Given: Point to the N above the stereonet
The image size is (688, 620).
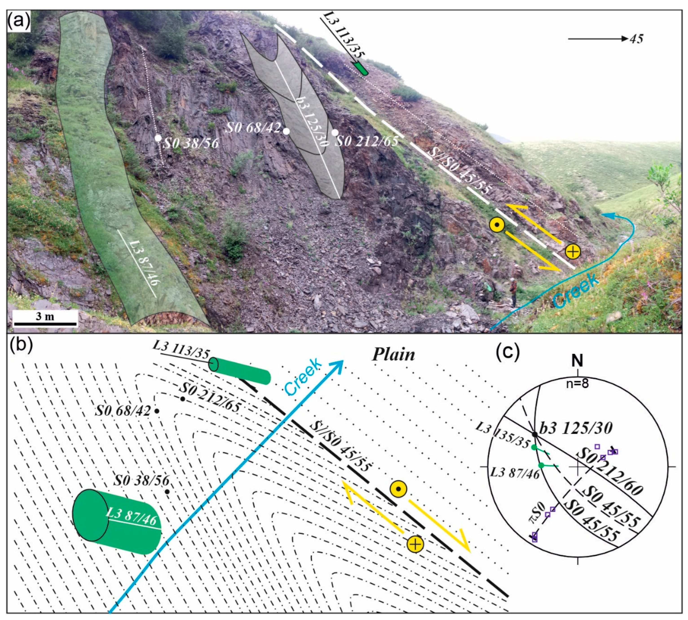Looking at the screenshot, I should pos(578,360).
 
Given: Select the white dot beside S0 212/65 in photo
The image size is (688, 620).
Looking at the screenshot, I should pos(335,132).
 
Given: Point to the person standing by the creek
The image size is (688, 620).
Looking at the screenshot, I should pos(513,292).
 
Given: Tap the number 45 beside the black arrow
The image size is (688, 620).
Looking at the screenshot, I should pos(636,39).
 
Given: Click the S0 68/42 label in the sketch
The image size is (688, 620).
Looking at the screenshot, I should pos(123,411).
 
